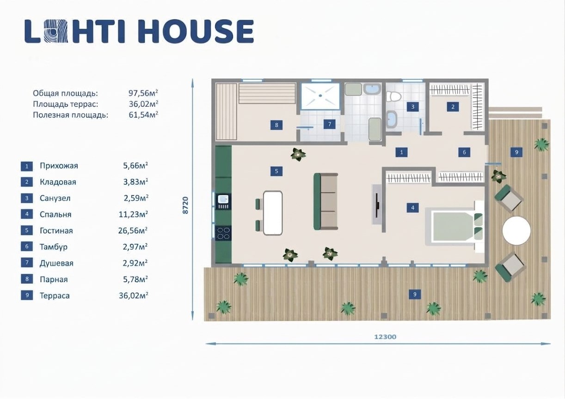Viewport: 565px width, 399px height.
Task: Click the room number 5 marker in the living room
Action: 276,171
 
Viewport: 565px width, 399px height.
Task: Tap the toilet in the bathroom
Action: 394,97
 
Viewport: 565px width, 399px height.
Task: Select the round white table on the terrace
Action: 516,230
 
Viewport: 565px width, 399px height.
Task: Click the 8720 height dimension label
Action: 185,206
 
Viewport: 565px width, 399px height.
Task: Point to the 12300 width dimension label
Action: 385,337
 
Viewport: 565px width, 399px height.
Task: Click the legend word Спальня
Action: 55,214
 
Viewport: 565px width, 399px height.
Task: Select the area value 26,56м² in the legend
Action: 133,230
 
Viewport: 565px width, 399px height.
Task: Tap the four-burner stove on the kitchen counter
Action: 223,233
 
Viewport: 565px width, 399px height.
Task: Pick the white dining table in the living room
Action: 273,213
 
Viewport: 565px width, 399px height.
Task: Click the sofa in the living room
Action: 325,201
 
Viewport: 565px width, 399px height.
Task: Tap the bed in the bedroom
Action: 454,226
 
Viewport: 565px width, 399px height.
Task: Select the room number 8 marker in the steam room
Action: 276,125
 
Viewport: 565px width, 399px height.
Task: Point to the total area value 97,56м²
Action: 143,93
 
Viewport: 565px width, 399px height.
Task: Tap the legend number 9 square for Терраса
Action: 27,295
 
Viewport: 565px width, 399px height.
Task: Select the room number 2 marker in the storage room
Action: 453,107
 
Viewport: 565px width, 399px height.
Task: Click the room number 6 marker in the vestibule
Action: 464,152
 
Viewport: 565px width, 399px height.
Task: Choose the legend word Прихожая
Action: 59,166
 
